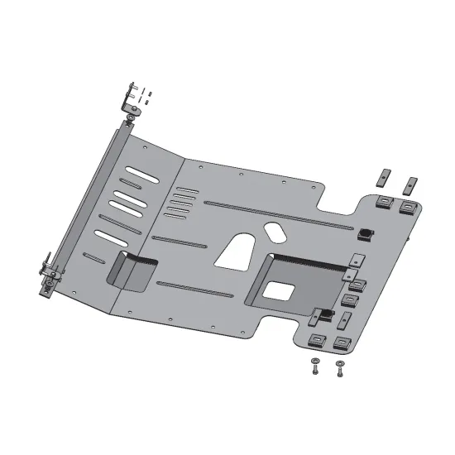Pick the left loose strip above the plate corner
click(382, 177)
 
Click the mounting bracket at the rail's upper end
click(131, 102)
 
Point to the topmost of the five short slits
click(188, 190)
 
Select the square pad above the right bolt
click(339, 340)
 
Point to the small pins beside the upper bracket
click(145, 93)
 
